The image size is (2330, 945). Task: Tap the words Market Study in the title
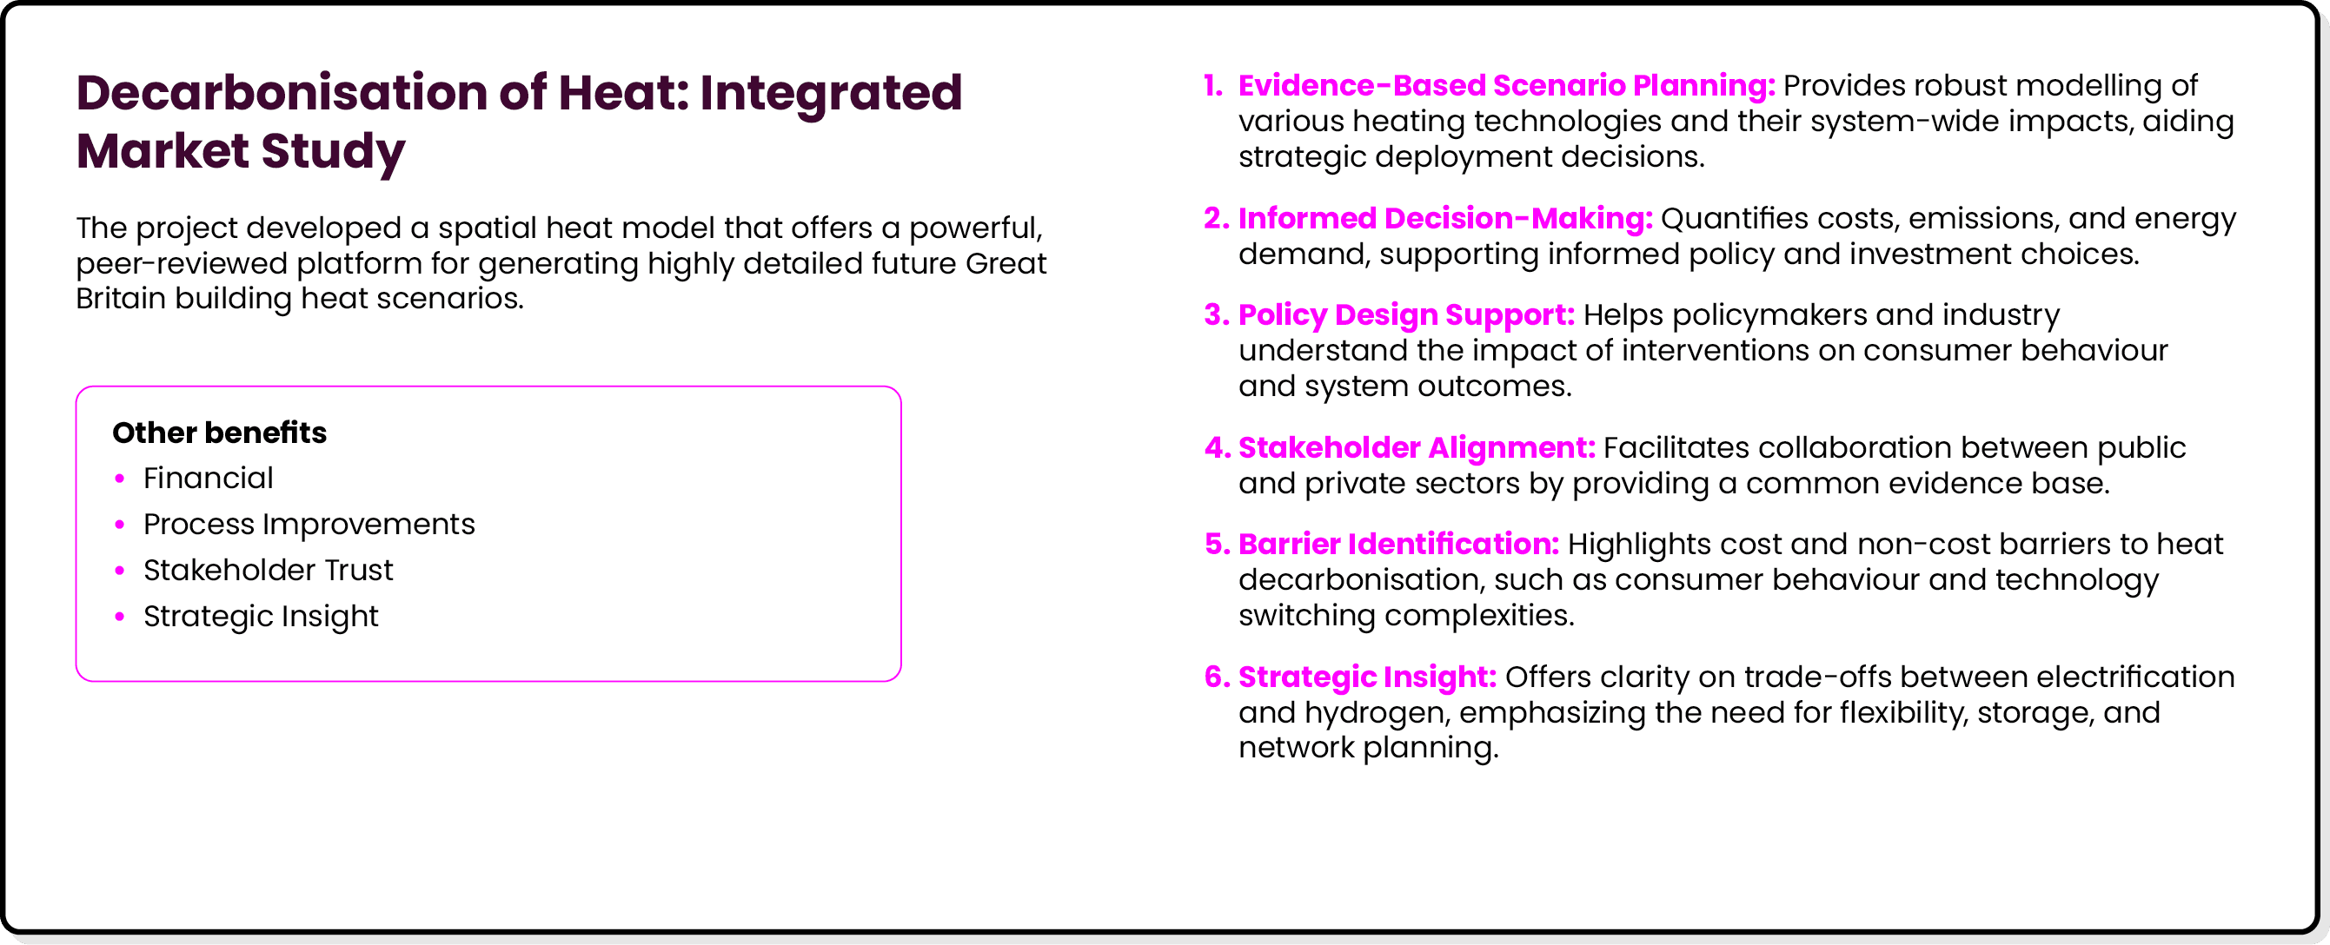coord(241,151)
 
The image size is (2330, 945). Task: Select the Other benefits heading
coord(219,433)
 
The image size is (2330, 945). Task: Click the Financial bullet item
coord(208,479)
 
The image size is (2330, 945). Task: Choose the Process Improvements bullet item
coord(309,525)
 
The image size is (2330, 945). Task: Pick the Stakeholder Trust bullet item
coord(268,571)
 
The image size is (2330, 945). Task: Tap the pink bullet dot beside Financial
coord(119,479)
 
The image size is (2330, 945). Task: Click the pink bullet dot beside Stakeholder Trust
coord(119,572)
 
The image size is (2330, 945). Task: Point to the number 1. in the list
coord(1213,86)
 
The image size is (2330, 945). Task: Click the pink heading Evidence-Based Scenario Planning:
coord(1506,86)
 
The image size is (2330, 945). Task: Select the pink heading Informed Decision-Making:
coord(1444,219)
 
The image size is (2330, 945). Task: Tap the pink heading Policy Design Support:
coord(1405,314)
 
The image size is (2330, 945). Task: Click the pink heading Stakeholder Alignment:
coord(1416,447)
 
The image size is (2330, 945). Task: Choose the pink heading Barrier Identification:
coord(1398,545)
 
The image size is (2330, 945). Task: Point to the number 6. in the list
coord(1217,677)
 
